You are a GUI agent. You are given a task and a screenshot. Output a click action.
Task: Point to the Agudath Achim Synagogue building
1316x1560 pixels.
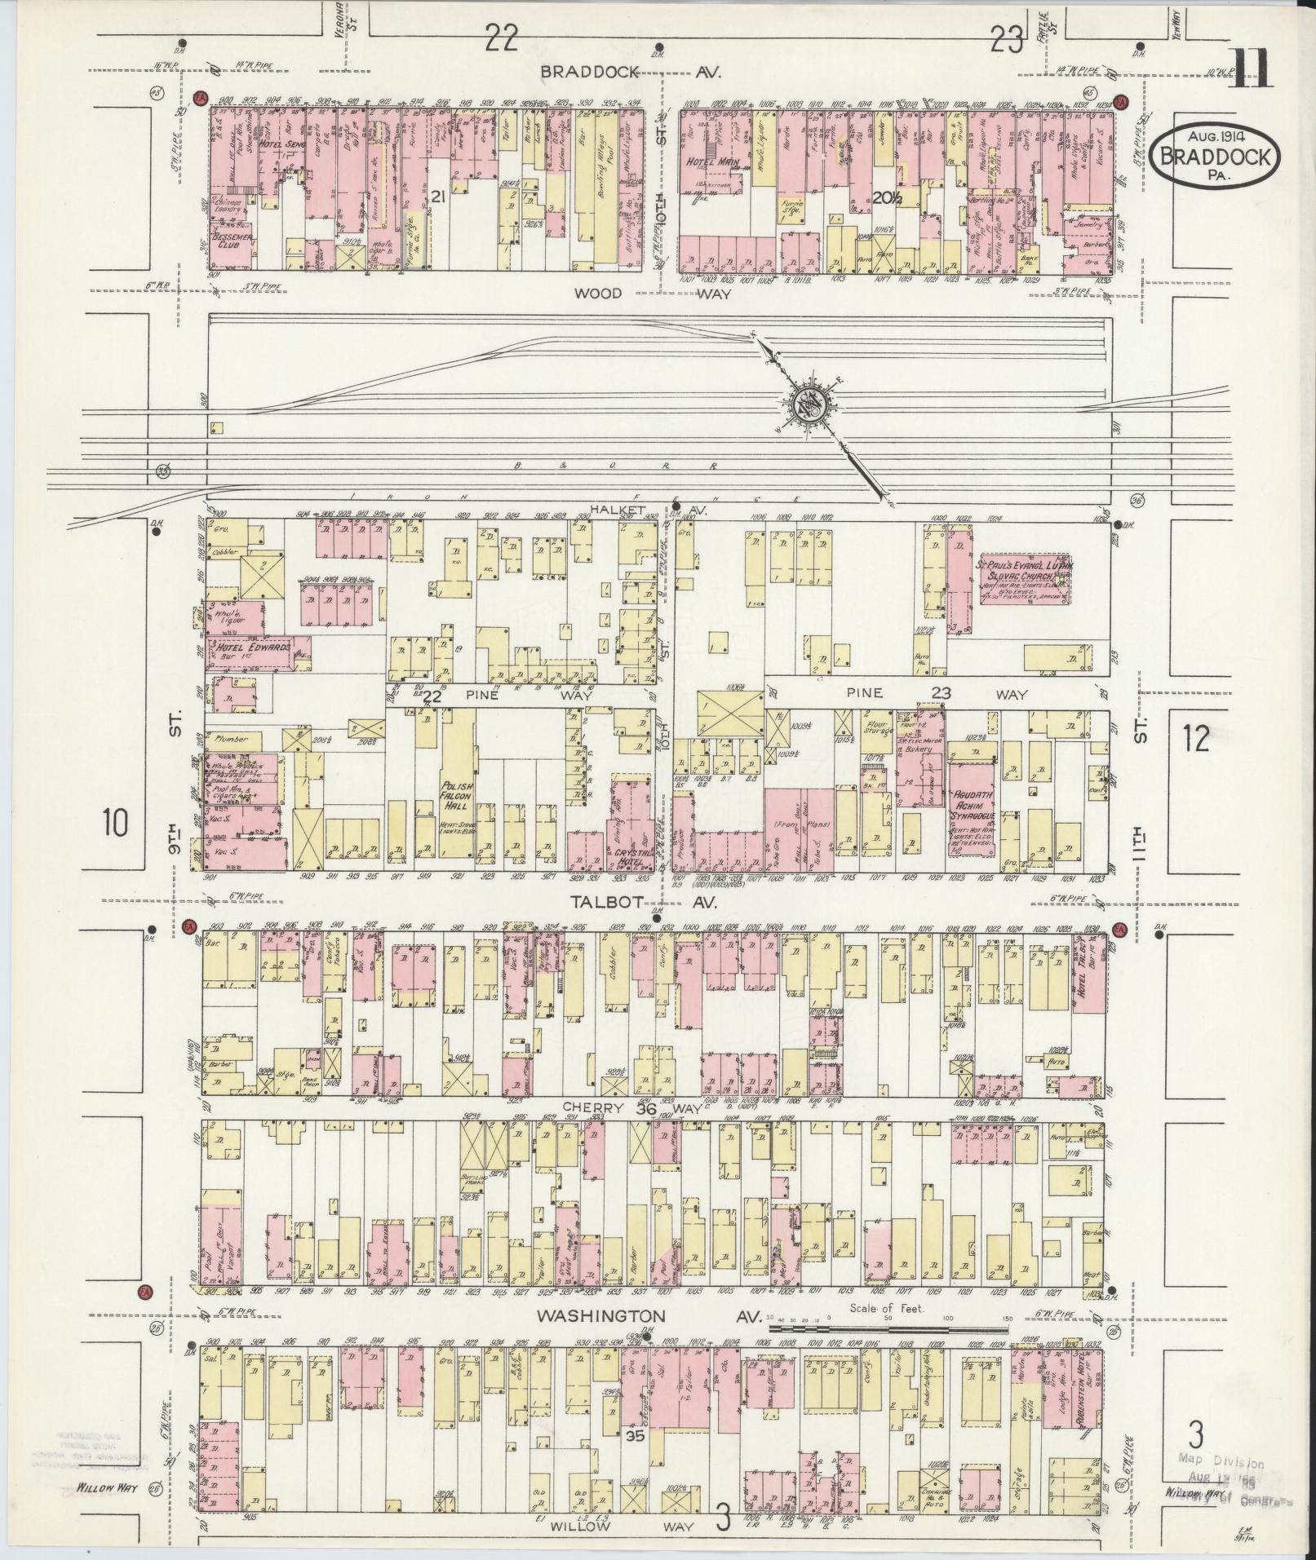tap(970, 808)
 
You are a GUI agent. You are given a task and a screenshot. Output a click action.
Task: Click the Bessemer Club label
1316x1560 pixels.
tap(230, 242)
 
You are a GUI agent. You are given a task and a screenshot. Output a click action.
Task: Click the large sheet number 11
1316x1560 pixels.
tap(1249, 68)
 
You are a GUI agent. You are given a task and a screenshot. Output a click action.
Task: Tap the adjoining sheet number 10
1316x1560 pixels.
tap(116, 823)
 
